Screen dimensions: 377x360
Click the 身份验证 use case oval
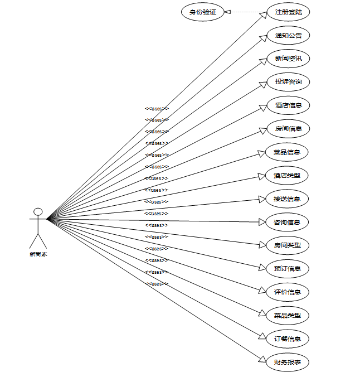(203, 12)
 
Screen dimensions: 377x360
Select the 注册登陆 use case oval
(288, 12)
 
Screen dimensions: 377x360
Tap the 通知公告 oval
(288, 35)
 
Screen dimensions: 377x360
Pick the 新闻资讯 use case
(288, 59)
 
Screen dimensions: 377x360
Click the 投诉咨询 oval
(288, 82)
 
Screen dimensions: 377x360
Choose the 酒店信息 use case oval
(288, 105)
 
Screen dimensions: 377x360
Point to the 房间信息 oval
(288, 129)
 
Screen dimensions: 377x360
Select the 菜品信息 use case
(288, 152)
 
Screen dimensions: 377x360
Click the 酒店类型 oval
(288, 176)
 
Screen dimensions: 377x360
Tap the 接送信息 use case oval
(288, 199)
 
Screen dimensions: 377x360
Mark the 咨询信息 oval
(288, 223)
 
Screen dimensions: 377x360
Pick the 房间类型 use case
(288, 245)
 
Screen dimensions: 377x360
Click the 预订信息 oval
(288, 269)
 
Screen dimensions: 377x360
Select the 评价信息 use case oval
(288, 292)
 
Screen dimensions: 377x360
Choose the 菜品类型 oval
(288, 316)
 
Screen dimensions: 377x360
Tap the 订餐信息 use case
(288, 339)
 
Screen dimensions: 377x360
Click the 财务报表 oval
(288, 362)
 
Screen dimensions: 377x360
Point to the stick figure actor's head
(38, 211)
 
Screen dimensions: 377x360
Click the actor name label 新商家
(38, 254)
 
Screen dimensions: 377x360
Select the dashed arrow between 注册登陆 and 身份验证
(245, 12)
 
